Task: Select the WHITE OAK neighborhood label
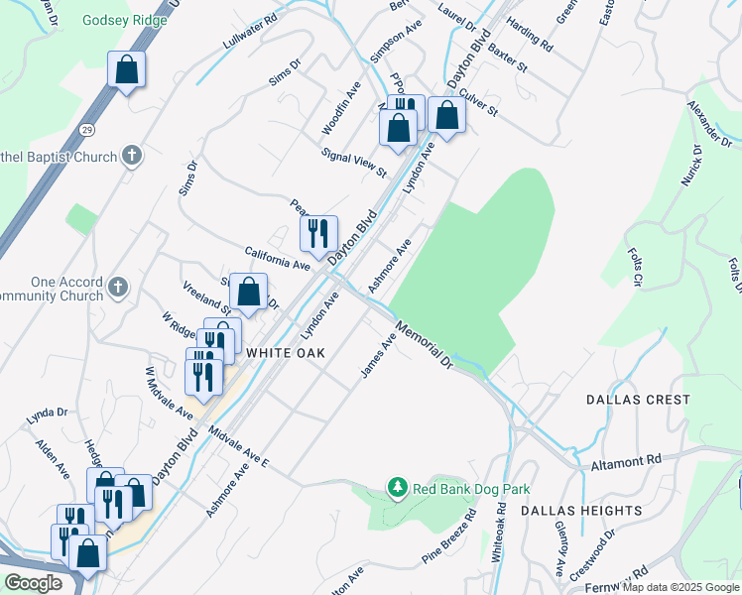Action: click(x=286, y=352)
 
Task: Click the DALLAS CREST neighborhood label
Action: click(x=638, y=400)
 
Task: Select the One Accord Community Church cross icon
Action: click(x=118, y=288)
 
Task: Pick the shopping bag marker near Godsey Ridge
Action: click(x=127, y=69)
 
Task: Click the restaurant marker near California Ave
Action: click(x=318, y=233)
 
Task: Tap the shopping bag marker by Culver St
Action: click(x=447, y=115)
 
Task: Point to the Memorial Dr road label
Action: click(x=424, y=343)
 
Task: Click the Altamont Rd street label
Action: click(x=626, y=460)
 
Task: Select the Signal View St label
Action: click(x=354, y=163)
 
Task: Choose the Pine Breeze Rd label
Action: click(x=450, y=537)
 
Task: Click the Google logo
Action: click(x=33, y=583)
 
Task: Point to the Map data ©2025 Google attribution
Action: click(x=680, y=587)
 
